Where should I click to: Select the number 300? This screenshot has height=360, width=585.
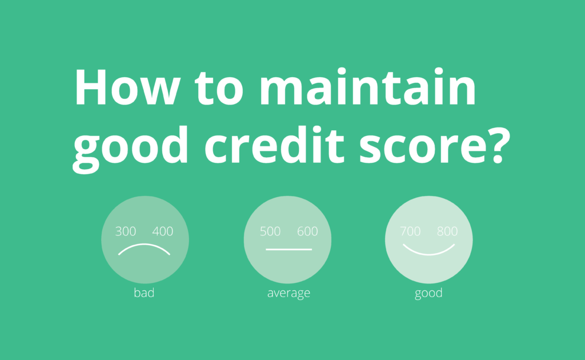click(126, 231)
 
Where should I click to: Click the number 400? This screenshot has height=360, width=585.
click(163, 231)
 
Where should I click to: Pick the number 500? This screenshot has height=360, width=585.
click(270, 231)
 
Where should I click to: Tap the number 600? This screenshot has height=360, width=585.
click(307, 231)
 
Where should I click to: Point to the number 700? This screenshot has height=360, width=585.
click(410, 231)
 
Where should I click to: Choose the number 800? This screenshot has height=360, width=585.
click(447, 231)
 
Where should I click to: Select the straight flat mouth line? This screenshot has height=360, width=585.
click(289, 250)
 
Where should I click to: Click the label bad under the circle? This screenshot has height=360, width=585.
click(144, 294)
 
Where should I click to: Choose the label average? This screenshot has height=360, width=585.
click(289, 294)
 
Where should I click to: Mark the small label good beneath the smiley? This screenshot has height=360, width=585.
click(429, 294)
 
